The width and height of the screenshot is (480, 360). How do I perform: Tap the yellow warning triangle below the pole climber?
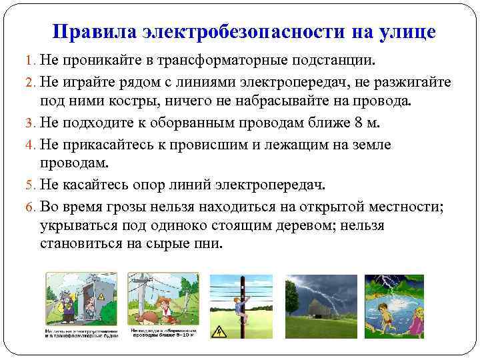221,331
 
